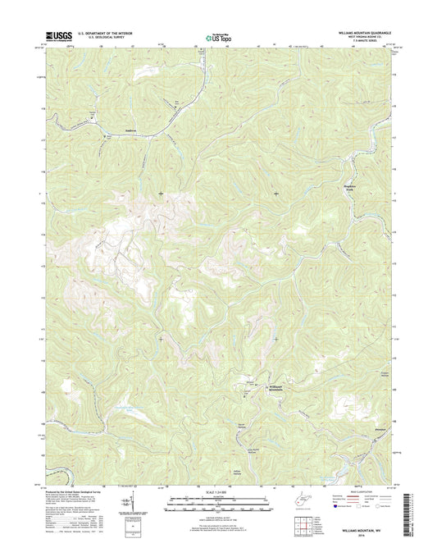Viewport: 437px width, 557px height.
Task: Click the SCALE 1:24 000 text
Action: (x=217, y=492)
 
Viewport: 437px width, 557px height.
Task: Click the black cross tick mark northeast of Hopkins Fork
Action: (x=275, y=193)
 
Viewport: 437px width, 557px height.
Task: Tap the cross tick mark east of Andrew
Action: (x=160, y=193)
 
